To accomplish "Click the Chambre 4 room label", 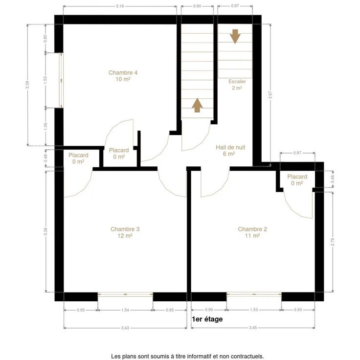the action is point(123,76).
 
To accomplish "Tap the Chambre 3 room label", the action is point(125,232).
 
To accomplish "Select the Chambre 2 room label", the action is point(252,232).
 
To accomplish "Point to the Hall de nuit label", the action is point(230,150).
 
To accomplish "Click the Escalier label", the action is point(237,85).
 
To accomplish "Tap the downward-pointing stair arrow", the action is point(235,36).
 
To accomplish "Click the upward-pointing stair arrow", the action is point(197,105).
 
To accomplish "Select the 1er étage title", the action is point(207,319).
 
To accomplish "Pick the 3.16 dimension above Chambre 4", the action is point(120,6).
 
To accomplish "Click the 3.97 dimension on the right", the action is point(270,95).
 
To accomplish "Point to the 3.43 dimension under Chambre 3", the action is point(125,328).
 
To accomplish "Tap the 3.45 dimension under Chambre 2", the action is point(253,328).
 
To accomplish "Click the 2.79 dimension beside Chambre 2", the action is point(333,242).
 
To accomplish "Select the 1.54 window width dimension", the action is point(125,310).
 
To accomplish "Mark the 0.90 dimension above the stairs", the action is point(197,6).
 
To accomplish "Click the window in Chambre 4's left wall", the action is point(61,80).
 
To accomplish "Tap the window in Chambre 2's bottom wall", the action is point(254,294).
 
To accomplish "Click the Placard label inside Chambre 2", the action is point(297,177).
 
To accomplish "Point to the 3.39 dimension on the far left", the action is point(27,85).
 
